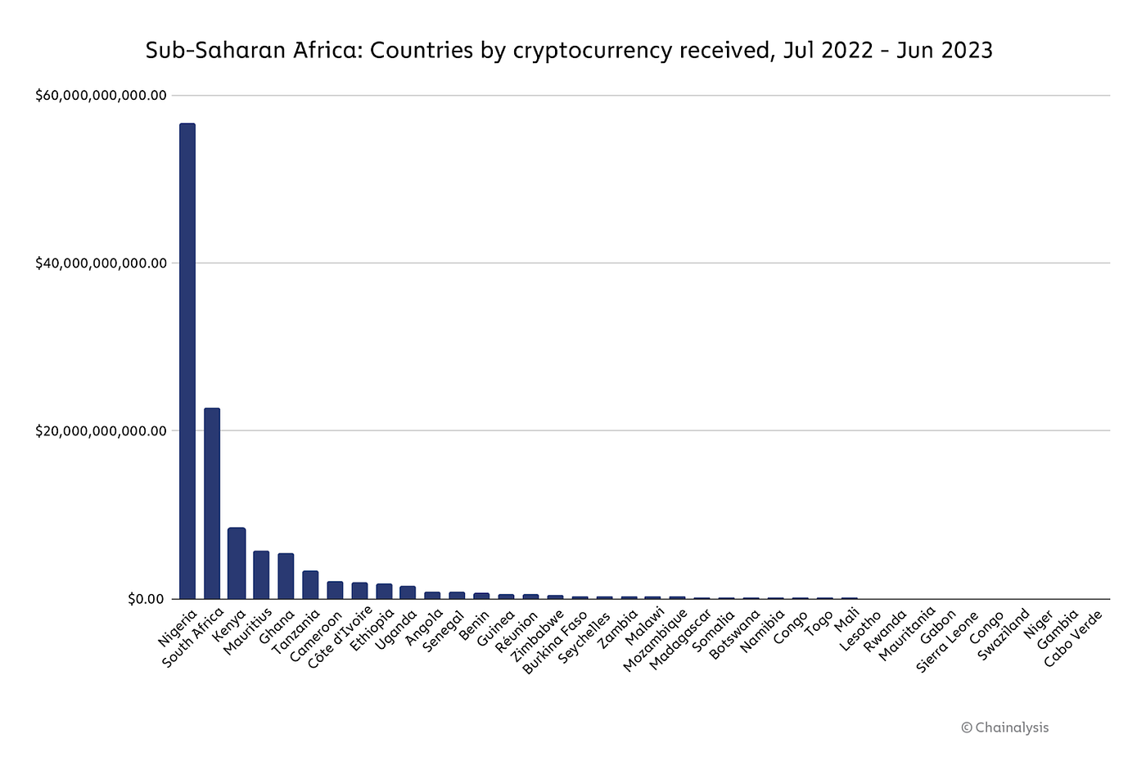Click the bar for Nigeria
pyautogui.click(x=187, y=361)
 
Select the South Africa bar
pyautogui.click(x=212, y=503)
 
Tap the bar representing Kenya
pyautogui.click(x=237, y=563)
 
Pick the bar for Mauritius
pyautogui.click(x=261, y=574)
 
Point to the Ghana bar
pyautogui.click(x=286, y=576)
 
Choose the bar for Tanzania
pyautogui.click(x=310, y=584)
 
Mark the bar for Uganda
pyautogui.click(x=408, y=592)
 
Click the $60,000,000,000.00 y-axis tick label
pyautogui.click(x=101, y=96)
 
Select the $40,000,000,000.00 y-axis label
pyautogui.click(x=101, y=263)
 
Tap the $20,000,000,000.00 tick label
pyautogui.click(x=101, y=431)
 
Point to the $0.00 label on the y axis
pyautogui.click(x=147, y=599)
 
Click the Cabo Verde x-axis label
pyautogui.click(x=1074, y=638)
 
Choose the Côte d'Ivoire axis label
pyautogui.click(x=341, y=637)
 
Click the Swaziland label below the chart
pyautogui.click(x=1004, y=636)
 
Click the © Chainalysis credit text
pyautogui.click(x=1004, y=727)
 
